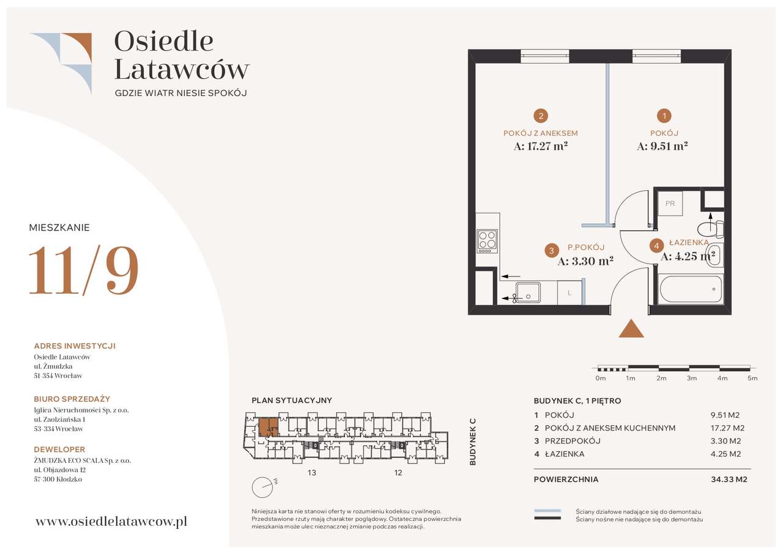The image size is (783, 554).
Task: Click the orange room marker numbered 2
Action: pos(541,116)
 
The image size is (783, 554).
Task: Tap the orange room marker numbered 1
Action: pos(664,116)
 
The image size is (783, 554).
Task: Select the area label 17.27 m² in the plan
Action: pos(540,146)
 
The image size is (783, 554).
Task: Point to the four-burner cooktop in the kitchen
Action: pos(488,241)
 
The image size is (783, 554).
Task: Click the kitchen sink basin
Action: pos(528,292)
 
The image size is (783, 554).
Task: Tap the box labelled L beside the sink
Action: pos(570,293)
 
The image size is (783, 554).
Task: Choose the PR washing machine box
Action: pos(670,203)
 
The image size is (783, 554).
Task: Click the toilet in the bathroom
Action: pos(710,229)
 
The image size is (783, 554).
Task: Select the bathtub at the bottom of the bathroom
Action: pos(691,289)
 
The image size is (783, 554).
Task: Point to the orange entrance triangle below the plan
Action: pos(631,328)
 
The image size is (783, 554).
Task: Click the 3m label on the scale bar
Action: pos(692,379)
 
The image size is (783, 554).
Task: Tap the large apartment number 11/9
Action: pos(84,270)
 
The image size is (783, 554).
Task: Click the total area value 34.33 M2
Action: pos(729,479)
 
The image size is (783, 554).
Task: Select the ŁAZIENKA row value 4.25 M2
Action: pos(725,454)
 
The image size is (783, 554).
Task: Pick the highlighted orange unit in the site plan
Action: pos(269,427)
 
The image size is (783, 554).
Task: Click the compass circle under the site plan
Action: pos(262,487)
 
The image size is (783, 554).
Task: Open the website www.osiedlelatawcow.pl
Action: pos(111,522)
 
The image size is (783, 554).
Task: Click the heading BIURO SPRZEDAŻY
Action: pos(72,399)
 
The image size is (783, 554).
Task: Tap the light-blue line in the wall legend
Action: pos(547,511)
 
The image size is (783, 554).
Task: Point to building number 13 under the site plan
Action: pos(312,473)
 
